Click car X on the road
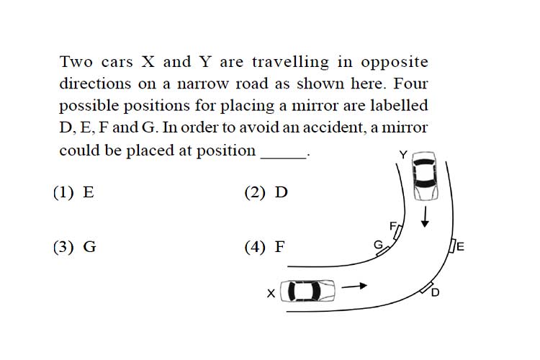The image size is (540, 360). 307,291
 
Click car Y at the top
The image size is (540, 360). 425,176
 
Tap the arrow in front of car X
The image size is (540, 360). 354,286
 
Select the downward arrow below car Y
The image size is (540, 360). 426,217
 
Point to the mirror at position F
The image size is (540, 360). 397,232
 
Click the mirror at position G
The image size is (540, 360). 383,251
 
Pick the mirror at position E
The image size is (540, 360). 453,246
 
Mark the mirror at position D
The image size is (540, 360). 427,288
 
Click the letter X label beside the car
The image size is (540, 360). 271,294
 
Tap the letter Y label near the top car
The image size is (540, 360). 403,155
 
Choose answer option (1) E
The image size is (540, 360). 73,192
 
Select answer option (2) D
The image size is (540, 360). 266,192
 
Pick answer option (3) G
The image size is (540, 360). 75,247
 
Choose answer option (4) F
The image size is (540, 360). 265,247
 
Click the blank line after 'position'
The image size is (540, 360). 284,158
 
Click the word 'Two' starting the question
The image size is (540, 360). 76,62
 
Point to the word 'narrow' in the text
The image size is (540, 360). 202,84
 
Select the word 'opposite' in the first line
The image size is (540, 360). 395,63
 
